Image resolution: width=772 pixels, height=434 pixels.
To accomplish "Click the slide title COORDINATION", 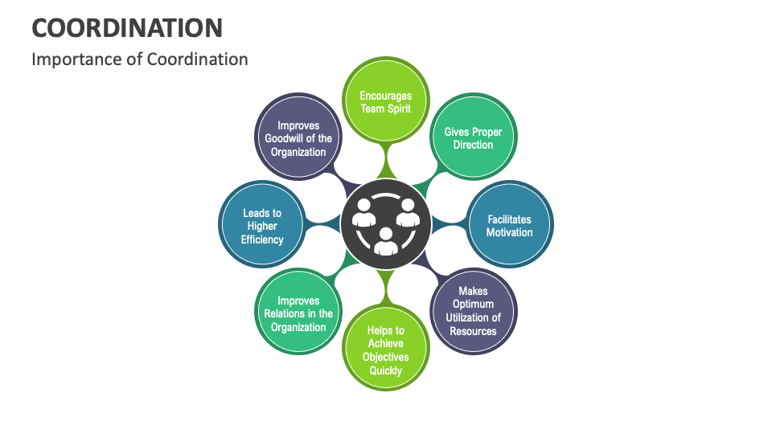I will [127, 27].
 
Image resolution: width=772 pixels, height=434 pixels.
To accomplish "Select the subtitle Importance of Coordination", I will [139, 59].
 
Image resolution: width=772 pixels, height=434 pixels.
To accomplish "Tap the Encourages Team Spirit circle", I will [386, 102].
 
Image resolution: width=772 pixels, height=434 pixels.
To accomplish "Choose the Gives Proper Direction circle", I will [473, 138].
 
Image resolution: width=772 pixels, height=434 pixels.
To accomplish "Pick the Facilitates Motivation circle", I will [509, 226].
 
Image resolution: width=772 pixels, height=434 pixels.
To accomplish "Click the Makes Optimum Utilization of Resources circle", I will [473, 311].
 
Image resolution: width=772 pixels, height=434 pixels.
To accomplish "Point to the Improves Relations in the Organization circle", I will [298, 313].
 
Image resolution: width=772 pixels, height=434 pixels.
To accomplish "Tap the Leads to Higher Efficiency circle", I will [262, 226].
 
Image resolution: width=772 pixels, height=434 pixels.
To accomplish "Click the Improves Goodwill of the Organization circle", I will [298, 138].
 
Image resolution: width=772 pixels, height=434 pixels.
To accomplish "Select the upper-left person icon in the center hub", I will [364, 213].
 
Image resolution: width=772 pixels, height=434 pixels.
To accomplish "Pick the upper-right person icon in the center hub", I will [408, 213].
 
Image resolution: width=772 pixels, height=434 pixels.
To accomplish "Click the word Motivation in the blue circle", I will [509, 232].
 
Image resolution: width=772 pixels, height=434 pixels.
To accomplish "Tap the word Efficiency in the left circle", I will [262, 240].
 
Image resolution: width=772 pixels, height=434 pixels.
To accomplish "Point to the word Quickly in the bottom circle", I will [386, 371].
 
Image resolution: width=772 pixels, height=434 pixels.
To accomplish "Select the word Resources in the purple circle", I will [473, 331].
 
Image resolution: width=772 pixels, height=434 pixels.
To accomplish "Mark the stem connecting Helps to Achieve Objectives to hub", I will [386, 289].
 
